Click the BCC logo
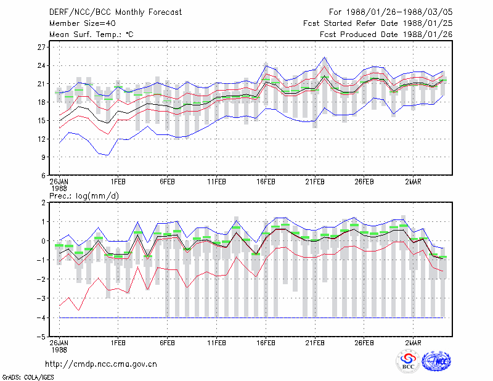pos(408,362)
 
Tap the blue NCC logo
pos(436,361)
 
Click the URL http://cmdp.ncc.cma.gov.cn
pos(101,364)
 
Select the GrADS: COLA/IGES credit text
pos(28,377)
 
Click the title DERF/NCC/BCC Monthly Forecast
pos(115,12)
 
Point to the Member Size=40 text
pos(83,23)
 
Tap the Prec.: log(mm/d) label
pos(84,196)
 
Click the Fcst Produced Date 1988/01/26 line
pos(386,35)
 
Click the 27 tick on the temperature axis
pos(41,47)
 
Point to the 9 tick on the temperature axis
pos(43,157)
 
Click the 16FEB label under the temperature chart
pos(266,182)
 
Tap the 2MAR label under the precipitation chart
pos(413,343)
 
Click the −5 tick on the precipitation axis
pos(41,337)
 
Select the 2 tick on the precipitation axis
pos(43,203)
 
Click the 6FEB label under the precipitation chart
pos(167,343)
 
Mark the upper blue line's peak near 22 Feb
pos(325,57)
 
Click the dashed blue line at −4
pos(251,317)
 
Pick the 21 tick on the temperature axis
pos(41,84)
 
